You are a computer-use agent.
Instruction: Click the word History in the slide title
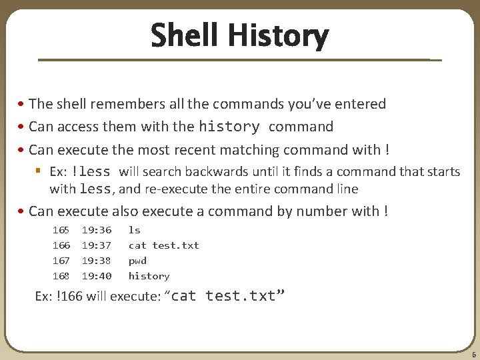pyautogui.click(x=279, y=36)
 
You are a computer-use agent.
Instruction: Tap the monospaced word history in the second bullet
pyautogui.click(x=229, y=127)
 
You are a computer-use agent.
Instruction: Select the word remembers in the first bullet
pyautogui.click(x=127, y=103)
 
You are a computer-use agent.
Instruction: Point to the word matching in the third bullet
pyautogui.click(x=249, y=150)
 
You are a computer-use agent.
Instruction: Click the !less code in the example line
pyautogui.click(x=91, y=171)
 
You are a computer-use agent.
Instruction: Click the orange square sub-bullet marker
pyautogui.click(x=38, y=170)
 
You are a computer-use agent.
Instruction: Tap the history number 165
pyautogui.click(x=61, y=230)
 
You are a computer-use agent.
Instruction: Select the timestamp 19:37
pyautogui.click(x=97, y=245)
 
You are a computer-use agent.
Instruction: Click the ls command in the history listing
pyautogui.click(x=135, y=230)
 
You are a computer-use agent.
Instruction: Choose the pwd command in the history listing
pyautogui.click(x=137, y=261)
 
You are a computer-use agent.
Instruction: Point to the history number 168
pyautogui.click(x=61, y=276)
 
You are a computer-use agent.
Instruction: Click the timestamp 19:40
pyautogui.click(x=97, y=276)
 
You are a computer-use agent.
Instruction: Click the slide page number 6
pyautogui.click(x=474, y=355)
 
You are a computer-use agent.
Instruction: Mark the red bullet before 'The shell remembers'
pyautogui.click(x=21, y=104)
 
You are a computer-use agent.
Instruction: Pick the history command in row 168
pyautogui.click(x=149, y=276)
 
